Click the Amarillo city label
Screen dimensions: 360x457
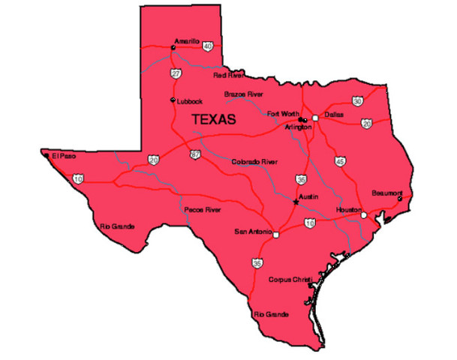click(x=187, y=40)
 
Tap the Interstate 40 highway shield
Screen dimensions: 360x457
click(x=206, y=46)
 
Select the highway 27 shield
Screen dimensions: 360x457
click(x=176, y=73)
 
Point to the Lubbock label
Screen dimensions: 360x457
click(x=190, y=101)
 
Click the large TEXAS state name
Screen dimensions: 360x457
click(x=214, y=119)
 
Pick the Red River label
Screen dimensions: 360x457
click(x=229, y=76)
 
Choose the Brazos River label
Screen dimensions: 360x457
click(x=245, y=94)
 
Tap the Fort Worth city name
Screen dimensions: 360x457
click(x=283, y=114)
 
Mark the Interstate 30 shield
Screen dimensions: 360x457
click(x=358, y=100)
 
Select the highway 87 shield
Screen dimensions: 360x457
click(x=195, y=155)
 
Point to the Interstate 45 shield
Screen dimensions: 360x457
click(x=341, y=161)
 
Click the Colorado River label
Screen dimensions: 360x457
click(x=254, y=161)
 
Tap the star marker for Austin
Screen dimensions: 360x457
click(x=295, y=201)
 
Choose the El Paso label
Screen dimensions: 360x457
click(x=64, y=156)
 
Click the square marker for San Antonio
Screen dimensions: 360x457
click(x=276, y=235)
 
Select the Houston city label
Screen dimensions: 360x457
click(x=349, y=209)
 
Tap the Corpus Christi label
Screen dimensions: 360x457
click(x=290, y=278)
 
